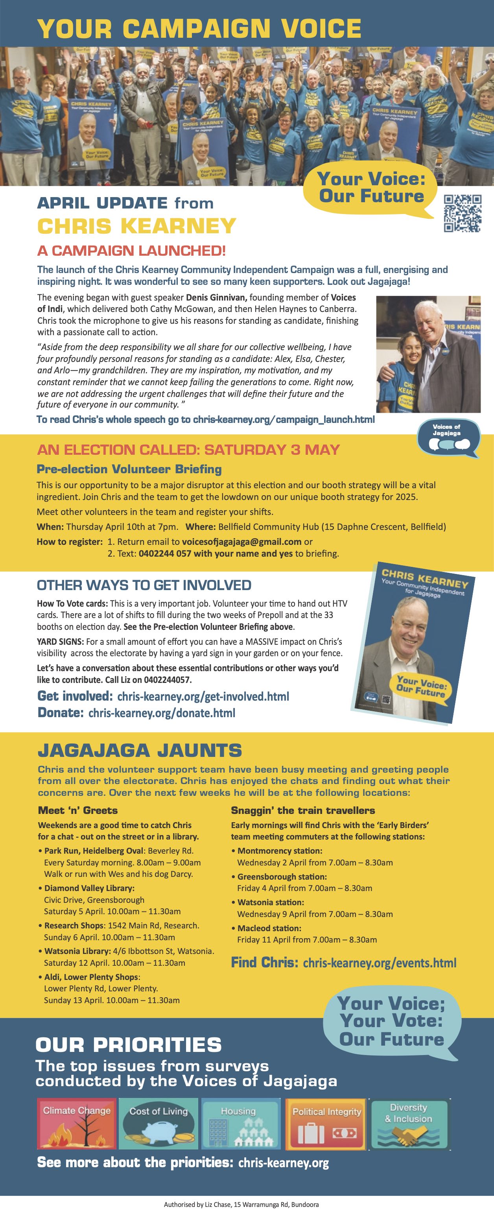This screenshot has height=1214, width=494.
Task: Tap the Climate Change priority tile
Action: tap(77, 1123)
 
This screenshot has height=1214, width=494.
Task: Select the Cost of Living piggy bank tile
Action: tap(159, 1123)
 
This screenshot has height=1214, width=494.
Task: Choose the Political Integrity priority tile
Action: tap(326, 1123)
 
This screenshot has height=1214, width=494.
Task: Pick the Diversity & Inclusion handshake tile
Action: tap(409, 1123)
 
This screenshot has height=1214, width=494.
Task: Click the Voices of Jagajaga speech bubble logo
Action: tap(447, 438)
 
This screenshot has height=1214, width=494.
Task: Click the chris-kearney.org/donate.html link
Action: tap(162, 713)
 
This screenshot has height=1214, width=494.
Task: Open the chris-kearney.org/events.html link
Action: tap(380, 963)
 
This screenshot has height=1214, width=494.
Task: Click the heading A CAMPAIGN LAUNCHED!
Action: tap(131, 250)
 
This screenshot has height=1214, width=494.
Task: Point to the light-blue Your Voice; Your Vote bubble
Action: tap(391, 1021)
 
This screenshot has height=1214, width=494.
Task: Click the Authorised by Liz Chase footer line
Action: tap(241, 1204)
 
